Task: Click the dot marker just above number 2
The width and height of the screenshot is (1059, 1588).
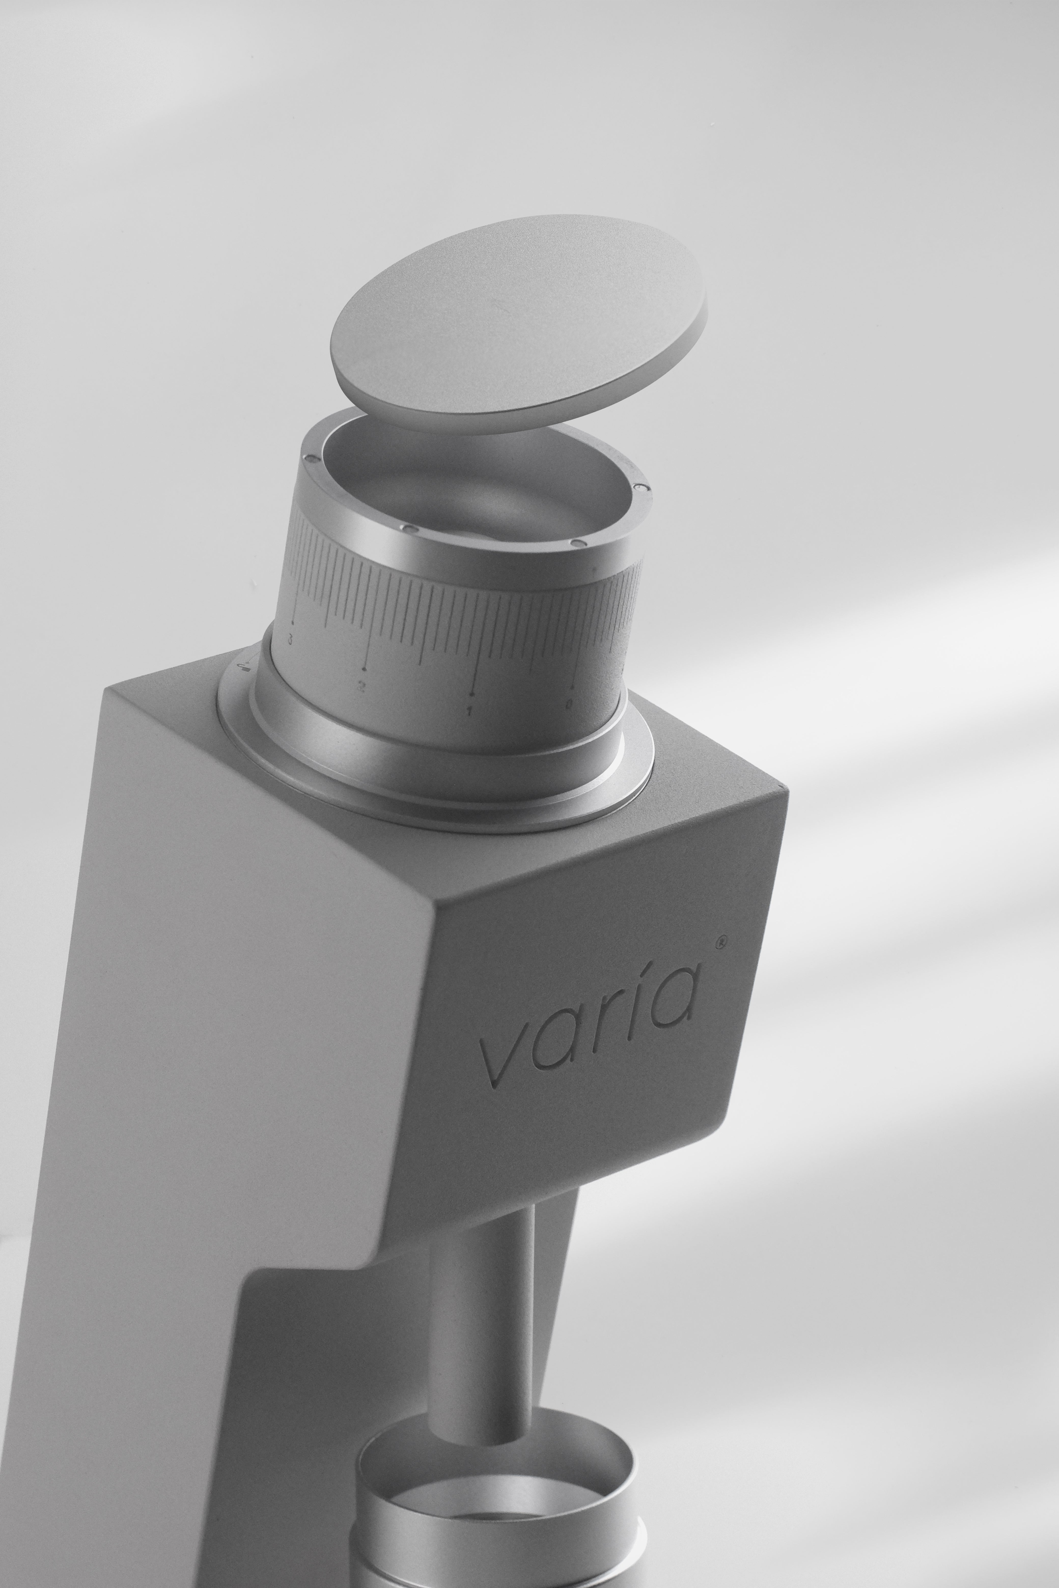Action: point(364,669)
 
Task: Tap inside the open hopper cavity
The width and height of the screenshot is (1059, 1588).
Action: point(473,486)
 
